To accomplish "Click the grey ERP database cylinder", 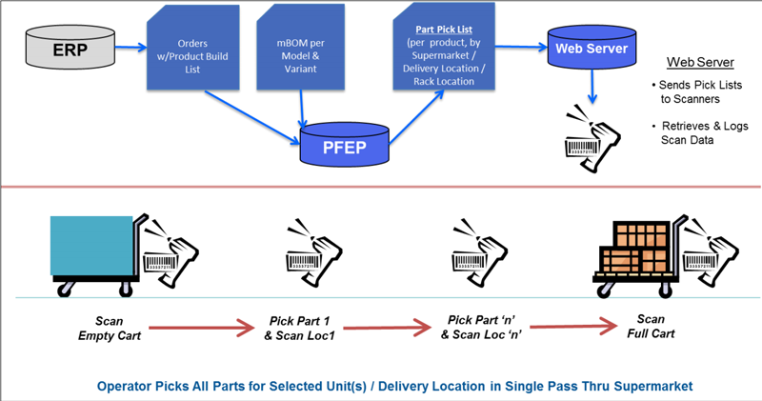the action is click(x=70, y=48).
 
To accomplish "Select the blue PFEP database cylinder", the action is click(x=345, y=145).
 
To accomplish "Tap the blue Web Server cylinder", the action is click(x=592, y=47).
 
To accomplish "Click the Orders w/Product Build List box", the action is click(x=193, y=48).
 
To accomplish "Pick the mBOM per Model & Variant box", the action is click(x=300, y=48).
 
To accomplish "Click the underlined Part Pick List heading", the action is click(x=444, y=30).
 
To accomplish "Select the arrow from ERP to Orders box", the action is click(x=130, y=47).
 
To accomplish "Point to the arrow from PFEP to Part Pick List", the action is click(x=416, y=117).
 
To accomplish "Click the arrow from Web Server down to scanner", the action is click(x=592, y=86).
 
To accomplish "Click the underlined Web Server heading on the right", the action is click(x=700, y=62).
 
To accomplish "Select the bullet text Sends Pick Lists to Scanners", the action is click(x=697, y=91).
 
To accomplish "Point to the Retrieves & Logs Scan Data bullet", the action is click(x=700, y=133).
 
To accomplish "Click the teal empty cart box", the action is click(x=91, y=246).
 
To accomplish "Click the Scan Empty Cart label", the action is click(x=110, y=329).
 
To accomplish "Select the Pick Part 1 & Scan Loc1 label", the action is click(x=299, y=328).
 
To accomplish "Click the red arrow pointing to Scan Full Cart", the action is click(x=573, y=326).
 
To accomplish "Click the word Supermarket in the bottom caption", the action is click(x=653, y=387).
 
